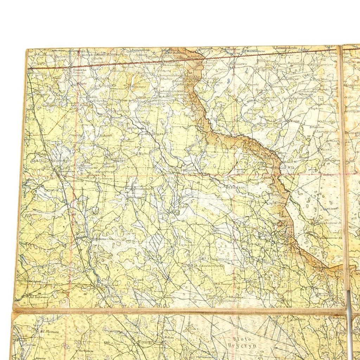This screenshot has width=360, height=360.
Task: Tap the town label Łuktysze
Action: (155, 134)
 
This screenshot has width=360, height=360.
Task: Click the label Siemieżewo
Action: (238, 64)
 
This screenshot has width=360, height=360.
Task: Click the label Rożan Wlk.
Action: (286, 168)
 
